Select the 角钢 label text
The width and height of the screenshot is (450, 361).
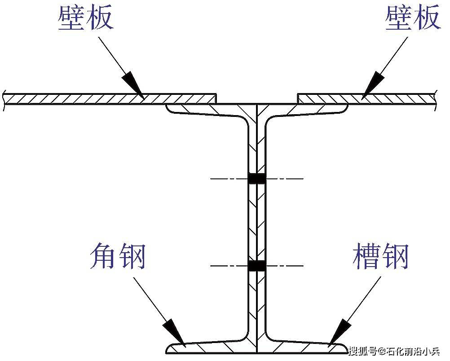(118, 256)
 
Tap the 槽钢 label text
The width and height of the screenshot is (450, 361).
(380, 256)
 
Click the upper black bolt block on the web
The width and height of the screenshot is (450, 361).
(256, 178)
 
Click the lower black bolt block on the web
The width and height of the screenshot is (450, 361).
(256, 266)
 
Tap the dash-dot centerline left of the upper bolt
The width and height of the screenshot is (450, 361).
(229, 179)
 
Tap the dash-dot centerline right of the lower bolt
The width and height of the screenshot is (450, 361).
(284, 266)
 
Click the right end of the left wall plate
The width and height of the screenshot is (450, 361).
(216, 98)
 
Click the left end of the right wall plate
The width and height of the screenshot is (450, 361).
(298, 98)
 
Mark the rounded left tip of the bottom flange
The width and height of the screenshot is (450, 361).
(167, 349)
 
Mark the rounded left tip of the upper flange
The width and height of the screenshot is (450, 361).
(167, 107)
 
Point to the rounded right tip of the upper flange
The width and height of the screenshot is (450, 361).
(348, 107)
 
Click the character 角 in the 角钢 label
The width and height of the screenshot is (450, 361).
(103, 256)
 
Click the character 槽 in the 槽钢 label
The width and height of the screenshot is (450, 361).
(366, 256)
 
